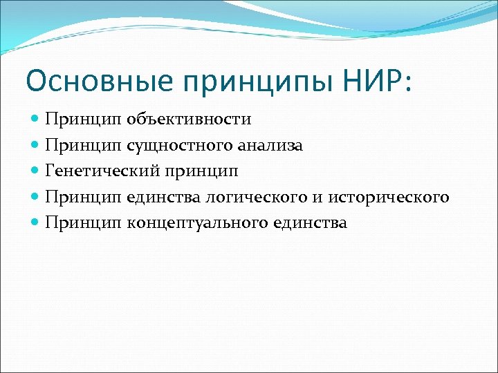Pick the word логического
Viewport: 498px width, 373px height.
[255, 198]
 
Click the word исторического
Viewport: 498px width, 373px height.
[389, 198]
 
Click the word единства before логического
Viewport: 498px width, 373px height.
[163, 198]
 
